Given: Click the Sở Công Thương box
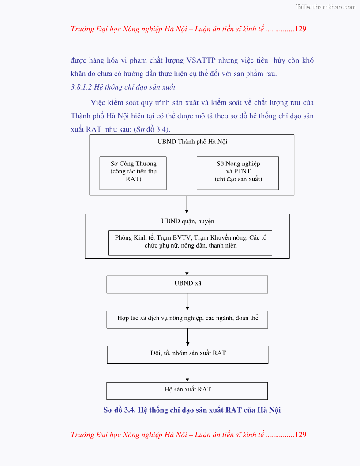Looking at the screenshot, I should [133, 173].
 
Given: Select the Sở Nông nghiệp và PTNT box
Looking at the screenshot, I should [237, 173].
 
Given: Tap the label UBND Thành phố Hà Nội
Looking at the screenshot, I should [192, 142].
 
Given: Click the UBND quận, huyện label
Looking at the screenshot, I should [187, 221].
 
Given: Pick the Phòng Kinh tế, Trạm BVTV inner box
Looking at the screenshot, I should [190, 242].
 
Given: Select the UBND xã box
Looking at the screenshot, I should [187, 284].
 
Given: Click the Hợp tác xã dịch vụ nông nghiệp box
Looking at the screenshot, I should [187, 319].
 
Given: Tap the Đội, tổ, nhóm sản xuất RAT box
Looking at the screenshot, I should [187, 354].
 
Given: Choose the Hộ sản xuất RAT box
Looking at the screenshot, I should [187, 391].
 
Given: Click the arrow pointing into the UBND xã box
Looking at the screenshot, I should [187, 267].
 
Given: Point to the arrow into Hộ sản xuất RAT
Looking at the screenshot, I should [187, 373].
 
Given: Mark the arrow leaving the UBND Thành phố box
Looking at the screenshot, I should [187, 205].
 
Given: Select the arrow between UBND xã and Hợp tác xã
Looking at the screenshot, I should [187, 302].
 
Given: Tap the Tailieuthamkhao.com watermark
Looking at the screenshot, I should [326, 7].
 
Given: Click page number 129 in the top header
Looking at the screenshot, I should [300, 29].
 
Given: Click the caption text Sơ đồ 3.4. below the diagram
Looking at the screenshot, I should [120, 410].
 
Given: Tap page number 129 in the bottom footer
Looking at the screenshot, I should [300, 435].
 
